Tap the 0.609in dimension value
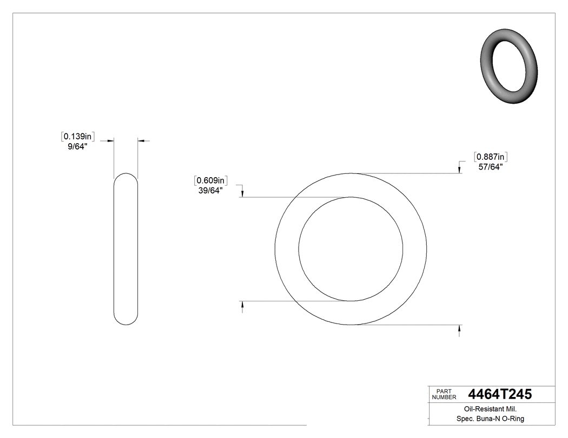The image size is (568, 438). coord(211,180)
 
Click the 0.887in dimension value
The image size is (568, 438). coord(491,157)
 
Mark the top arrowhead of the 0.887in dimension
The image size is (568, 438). coord(459,170)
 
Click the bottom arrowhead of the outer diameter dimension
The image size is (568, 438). coord(459,328)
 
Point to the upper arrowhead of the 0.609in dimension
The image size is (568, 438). coord(242,194)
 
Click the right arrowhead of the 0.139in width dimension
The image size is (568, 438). coord(141,141)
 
